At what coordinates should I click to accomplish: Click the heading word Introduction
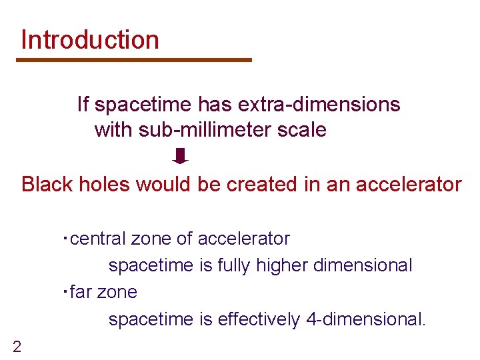click(x=90, y=40)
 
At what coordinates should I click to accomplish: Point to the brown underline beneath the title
click(x=134, y=60)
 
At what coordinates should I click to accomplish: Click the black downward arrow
click(x=181, y=156)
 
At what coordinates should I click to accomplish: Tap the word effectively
click(x=260, y=319)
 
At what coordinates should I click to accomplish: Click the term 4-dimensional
click(x=366, y=319)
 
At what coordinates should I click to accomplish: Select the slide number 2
click(x=17, y=346)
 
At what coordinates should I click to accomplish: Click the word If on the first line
click(x=83, y=105)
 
